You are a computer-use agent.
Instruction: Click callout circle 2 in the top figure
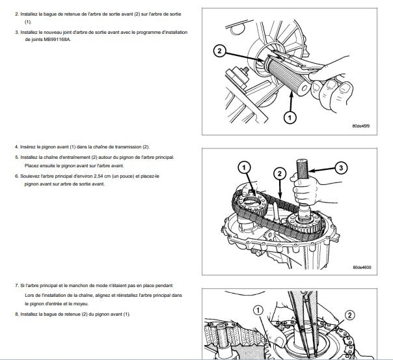pos(219,50)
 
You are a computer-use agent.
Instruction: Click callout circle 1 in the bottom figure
pos(258,311)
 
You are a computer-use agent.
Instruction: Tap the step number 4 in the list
pos(16,146)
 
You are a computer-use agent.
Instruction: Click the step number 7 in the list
pos(16,285)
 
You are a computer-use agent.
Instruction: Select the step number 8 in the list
pos(16,314)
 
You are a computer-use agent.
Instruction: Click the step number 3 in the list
pos(16,31)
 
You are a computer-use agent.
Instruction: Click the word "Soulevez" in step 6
pos(36,175)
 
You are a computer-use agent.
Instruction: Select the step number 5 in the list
pos(16,157)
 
